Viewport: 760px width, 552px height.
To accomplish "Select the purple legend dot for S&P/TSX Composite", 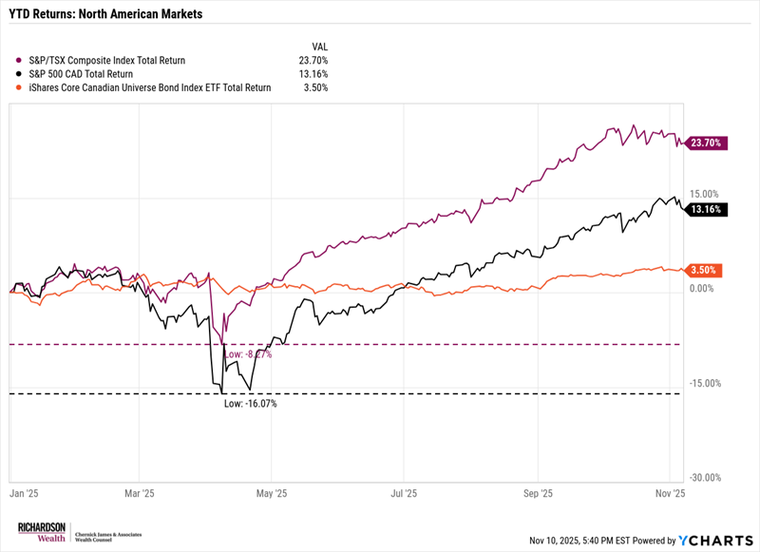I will [x=19, y=60].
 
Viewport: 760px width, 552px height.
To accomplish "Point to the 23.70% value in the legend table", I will [x=313, y=60].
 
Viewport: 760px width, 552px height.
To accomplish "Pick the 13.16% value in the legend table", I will [x=313, y=73].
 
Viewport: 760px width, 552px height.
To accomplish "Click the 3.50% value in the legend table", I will [x=316, y=86].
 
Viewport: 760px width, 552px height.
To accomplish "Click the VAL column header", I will [x=319, y=46].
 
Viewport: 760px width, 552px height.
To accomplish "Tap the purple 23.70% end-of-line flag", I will [x=708, y=143].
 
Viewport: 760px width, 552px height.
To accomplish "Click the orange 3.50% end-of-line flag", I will [x=708, y=270].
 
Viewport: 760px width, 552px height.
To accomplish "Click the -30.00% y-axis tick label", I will [x=706, y=479].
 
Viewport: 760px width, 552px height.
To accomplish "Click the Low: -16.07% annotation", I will [x=250, y=404].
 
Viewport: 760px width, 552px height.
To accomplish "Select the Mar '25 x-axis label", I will [x=140, y=494].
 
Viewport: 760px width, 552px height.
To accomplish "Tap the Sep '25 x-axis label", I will [x=539, y=494].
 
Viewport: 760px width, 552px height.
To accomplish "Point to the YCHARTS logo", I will [x=712, y=540].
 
